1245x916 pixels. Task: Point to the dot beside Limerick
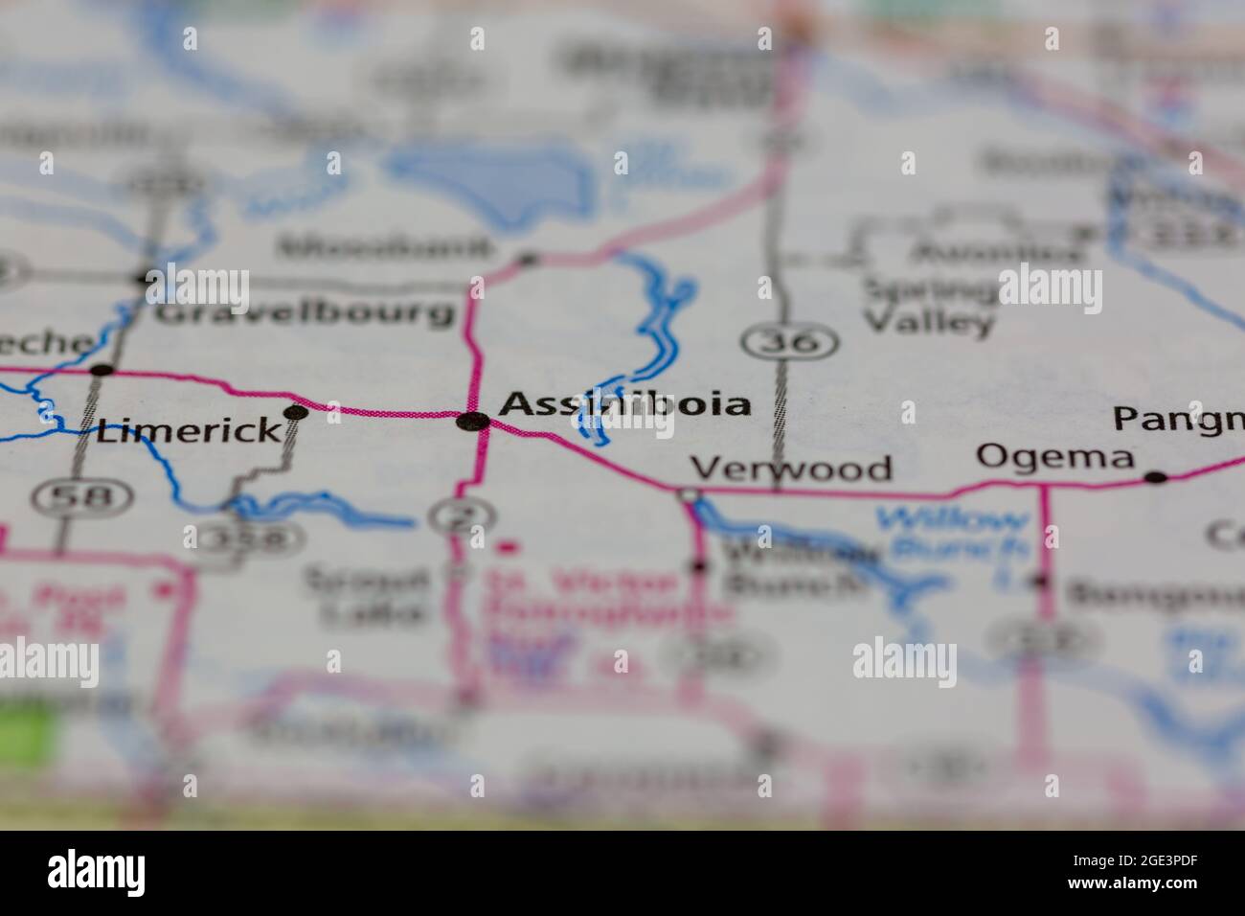point(297,413)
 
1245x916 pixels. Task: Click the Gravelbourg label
point(305,312)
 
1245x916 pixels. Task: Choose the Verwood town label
point(791,469)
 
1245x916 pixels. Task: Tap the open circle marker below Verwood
point(689,495)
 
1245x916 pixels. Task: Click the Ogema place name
point(1054,456)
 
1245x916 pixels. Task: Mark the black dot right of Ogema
point(1157,476)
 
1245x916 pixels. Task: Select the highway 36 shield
point(791,342)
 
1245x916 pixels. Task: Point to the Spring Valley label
point(930,304)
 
